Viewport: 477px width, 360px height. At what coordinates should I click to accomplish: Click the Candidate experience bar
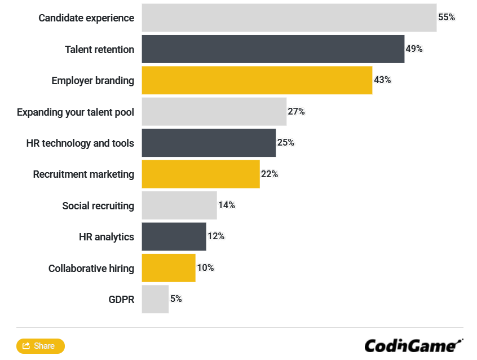coord(289,17)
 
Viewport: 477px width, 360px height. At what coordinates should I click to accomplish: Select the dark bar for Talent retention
coord(273,49)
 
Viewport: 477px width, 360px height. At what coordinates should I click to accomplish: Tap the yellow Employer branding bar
coord(257,80)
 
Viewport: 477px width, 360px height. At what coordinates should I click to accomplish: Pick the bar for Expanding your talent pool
coord(214,112)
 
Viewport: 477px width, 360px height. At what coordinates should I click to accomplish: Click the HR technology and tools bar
coord(209,143)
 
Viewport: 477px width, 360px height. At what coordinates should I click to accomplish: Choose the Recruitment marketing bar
coord(200,174)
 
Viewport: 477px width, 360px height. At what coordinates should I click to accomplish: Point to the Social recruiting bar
coord(179,205)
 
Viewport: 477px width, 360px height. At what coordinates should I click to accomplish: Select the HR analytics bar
coord(174,236)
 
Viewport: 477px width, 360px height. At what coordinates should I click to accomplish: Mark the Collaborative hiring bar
coord(168,268)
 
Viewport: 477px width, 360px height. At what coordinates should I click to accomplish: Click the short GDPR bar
coord(155,299)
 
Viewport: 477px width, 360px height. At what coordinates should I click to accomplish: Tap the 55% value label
coord(446,17)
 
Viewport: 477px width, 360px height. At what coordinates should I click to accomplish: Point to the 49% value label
coord(414,49)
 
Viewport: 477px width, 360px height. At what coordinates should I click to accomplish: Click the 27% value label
coord(296,112)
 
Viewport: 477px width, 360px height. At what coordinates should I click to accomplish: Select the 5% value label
coord(176,299)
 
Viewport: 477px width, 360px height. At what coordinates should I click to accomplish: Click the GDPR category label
coord(121,300)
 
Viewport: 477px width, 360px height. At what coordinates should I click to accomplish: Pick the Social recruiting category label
coord(98,206)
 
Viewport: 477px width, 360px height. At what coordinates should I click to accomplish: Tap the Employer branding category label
coord(92,81)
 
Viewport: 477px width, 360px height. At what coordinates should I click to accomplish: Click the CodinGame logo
coord(413,345)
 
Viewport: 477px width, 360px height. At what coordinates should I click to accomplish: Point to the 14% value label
coord(226,205)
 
